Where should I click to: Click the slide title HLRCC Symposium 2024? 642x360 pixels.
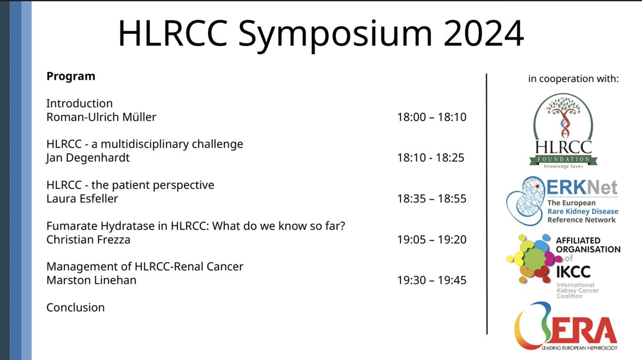click(x=320, y=34)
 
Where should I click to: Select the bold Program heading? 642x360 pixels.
click(x=71, y=76)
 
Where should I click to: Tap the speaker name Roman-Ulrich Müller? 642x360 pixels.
click(x=101, y=117)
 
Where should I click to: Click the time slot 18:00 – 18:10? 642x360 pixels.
click(x=431, y=117)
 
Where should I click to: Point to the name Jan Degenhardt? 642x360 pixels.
click(x=88, y=158)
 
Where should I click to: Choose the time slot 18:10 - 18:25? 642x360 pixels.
click(x=430, y=158)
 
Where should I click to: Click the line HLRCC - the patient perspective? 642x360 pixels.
click(x=130, y=185)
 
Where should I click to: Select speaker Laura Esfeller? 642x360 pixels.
click(x=82, y=198)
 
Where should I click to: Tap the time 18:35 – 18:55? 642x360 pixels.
click(x=431, y=198)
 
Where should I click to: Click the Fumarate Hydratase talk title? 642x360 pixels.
click(x=195, y=226)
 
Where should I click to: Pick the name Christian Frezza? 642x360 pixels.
click(x=88, y=239)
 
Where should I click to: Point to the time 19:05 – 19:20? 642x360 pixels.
click(x=431, y=239)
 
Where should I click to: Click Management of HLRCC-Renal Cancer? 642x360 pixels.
click(x=144, y=266)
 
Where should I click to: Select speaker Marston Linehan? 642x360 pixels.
click(x=91, y=280)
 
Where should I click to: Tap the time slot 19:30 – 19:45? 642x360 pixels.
click(x=431, y=280)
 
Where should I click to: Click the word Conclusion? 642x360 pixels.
click(x=75, y=307)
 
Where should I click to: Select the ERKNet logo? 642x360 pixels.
click(x=562, y=201)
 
